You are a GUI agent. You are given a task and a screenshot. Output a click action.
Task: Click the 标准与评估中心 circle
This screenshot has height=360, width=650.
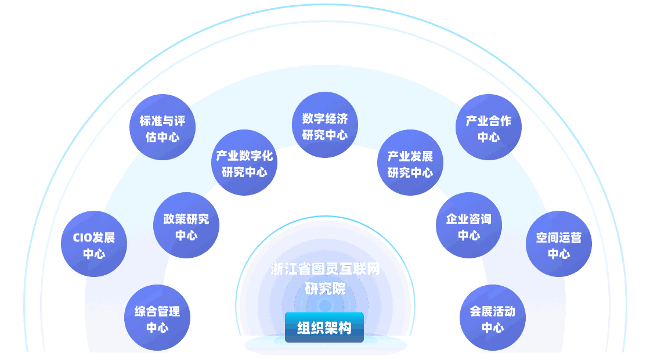162,129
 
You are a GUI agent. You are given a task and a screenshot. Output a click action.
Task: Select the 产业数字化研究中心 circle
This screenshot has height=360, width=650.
244,164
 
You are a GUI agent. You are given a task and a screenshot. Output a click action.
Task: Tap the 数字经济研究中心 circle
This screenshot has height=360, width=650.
325,127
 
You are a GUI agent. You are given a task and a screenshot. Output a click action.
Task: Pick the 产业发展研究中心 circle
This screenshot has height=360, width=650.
410,164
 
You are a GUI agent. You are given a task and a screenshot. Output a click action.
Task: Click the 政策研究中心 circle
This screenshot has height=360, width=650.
186,226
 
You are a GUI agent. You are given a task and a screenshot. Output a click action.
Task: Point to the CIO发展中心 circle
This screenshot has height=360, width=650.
94,245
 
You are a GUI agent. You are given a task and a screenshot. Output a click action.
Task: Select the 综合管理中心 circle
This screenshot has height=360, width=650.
157,319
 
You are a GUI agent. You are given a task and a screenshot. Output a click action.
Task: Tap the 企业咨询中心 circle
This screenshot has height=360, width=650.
468,226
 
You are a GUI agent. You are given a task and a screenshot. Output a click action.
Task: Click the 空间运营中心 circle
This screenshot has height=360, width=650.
559,245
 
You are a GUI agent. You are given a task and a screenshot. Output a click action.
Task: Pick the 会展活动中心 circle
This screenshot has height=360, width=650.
493,319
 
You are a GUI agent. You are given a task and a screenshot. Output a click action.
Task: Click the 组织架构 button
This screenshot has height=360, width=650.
324,327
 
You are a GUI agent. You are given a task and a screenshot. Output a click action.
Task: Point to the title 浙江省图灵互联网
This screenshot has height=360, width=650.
325,269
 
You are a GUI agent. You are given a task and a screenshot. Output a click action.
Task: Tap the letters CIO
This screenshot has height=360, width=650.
82,237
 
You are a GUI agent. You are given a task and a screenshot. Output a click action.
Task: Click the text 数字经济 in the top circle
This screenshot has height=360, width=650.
325,118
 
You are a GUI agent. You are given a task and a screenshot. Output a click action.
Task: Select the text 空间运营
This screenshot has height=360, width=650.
559,237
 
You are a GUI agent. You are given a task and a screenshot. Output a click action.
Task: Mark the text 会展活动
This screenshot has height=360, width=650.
493,311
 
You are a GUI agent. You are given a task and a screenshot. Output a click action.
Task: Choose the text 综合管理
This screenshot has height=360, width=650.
157,311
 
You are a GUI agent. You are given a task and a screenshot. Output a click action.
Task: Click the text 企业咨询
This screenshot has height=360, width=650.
468,219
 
